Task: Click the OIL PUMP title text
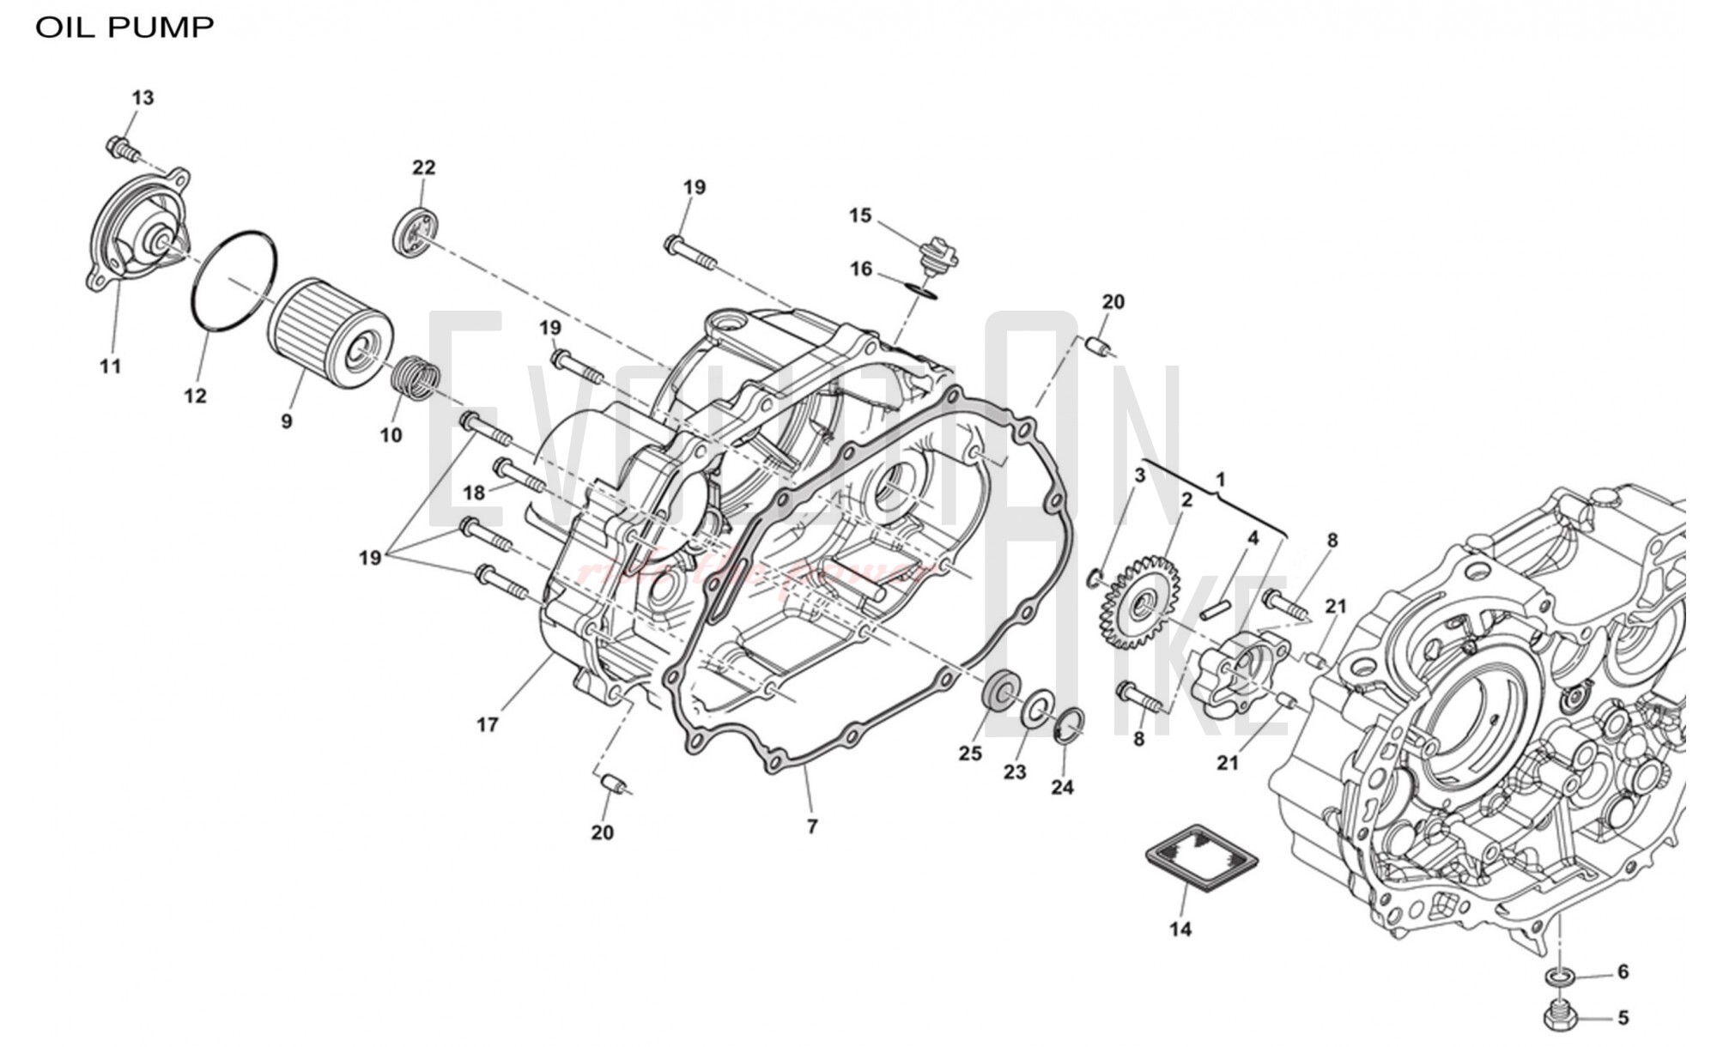124,27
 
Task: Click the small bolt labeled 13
123,149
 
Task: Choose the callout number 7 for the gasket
812,826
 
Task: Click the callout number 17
488,725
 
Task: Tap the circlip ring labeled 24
1068,723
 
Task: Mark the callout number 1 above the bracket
1221,479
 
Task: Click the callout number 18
474,493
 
